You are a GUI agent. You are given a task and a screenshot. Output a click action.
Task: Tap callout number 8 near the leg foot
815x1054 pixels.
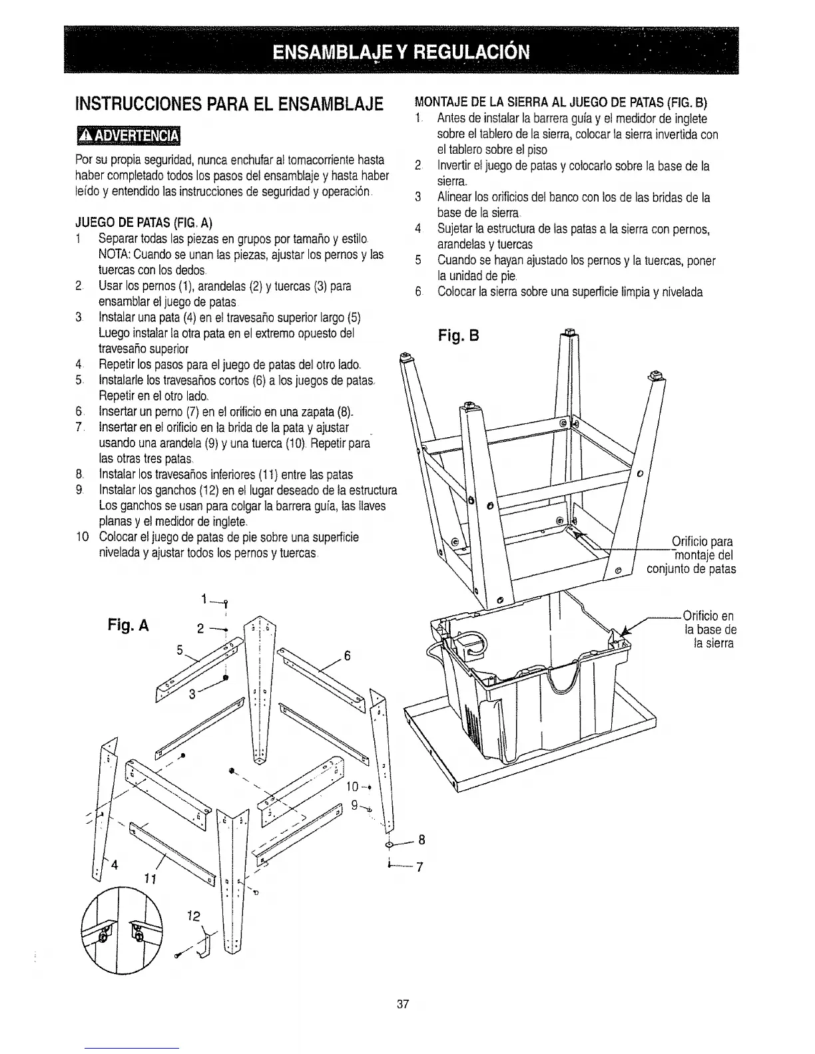421,840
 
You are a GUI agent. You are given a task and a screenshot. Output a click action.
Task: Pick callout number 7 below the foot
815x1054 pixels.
421,867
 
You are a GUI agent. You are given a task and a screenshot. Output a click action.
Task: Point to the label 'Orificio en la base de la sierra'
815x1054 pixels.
708,629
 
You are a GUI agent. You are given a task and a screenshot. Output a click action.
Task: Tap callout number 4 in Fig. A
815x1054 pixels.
115,864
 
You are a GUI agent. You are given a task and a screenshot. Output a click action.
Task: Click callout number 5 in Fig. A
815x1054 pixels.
179,650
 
